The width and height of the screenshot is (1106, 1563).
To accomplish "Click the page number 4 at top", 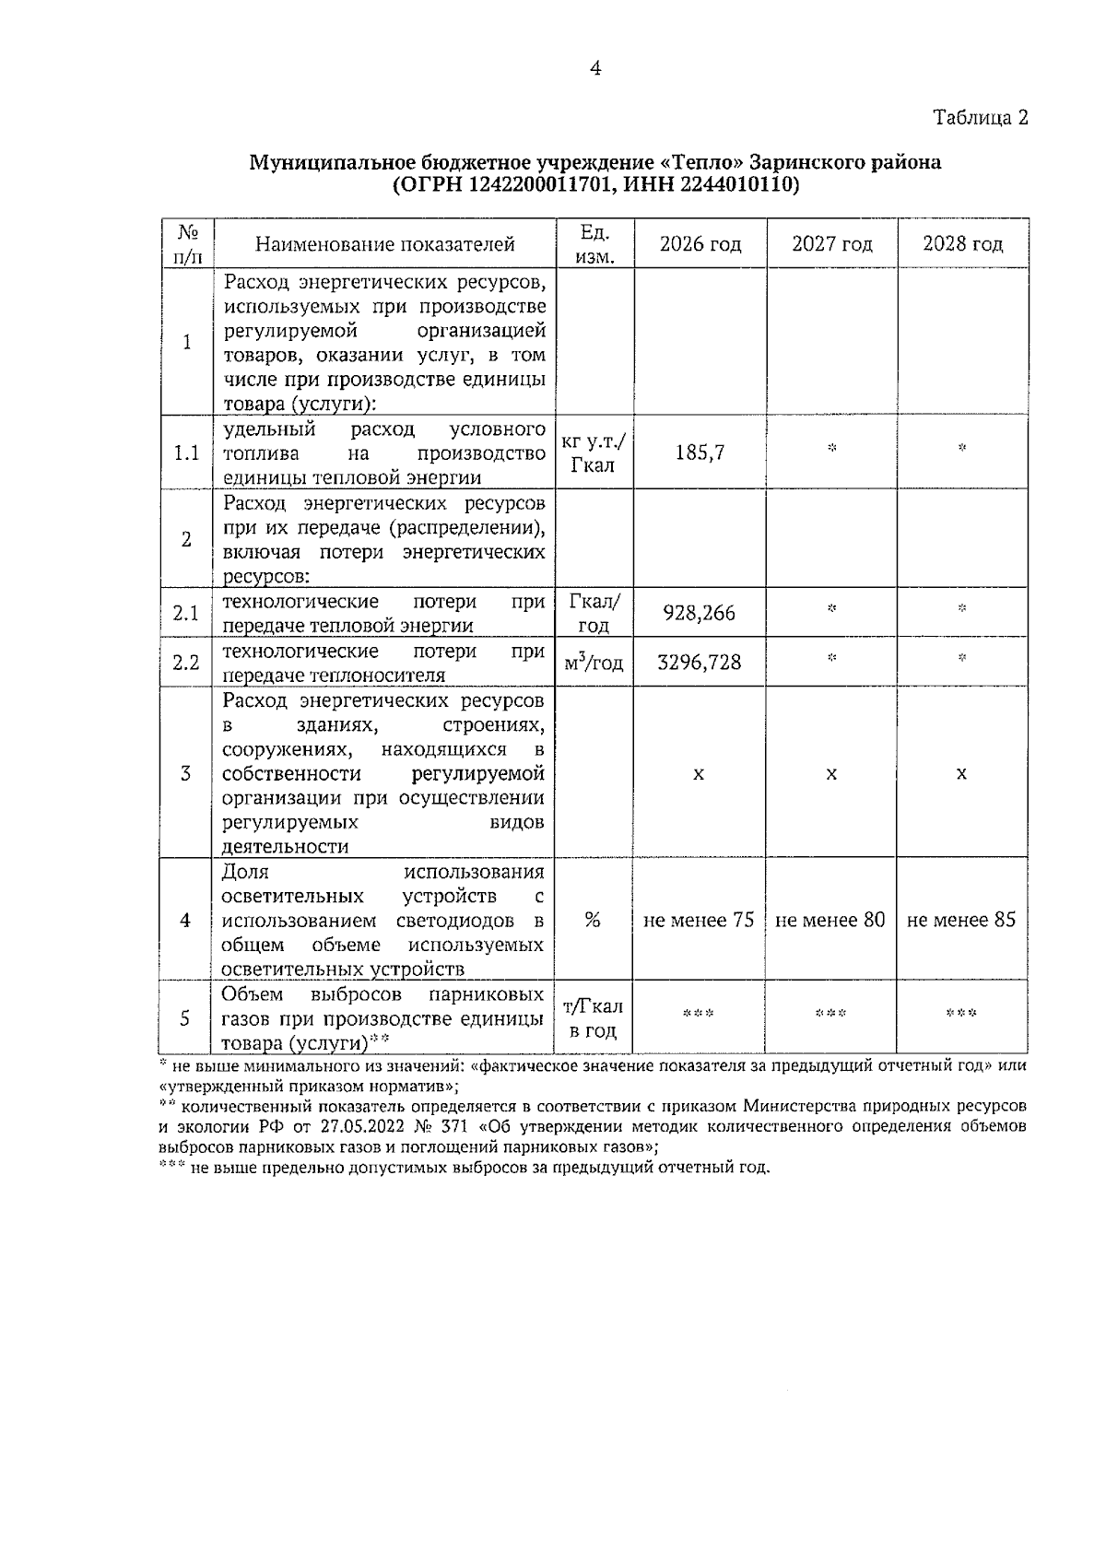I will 594,69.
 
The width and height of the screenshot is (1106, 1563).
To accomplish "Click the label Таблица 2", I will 980,118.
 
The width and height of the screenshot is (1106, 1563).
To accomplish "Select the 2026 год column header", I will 700,244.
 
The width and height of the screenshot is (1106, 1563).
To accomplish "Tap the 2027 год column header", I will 831,244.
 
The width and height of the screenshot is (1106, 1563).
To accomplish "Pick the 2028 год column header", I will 962,244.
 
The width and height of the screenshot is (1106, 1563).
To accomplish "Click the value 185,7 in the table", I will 700,452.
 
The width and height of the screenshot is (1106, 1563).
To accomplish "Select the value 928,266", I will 700,613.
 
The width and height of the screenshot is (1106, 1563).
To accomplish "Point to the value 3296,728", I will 700,663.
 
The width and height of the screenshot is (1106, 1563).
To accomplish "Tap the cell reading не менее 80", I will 830,920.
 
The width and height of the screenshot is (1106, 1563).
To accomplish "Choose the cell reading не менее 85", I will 961,920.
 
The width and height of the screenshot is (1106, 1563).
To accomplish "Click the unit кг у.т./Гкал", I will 593,452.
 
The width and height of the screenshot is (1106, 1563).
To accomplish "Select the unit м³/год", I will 593,663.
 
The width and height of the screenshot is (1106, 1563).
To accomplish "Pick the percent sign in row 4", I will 593,920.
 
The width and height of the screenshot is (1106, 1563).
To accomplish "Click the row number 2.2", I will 186,663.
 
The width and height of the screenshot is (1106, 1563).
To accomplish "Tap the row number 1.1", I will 186,453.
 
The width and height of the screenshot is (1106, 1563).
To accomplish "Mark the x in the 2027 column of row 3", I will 831,774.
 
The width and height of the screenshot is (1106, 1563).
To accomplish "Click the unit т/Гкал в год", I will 593,1018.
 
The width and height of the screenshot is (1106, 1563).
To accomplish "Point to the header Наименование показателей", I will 384,244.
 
